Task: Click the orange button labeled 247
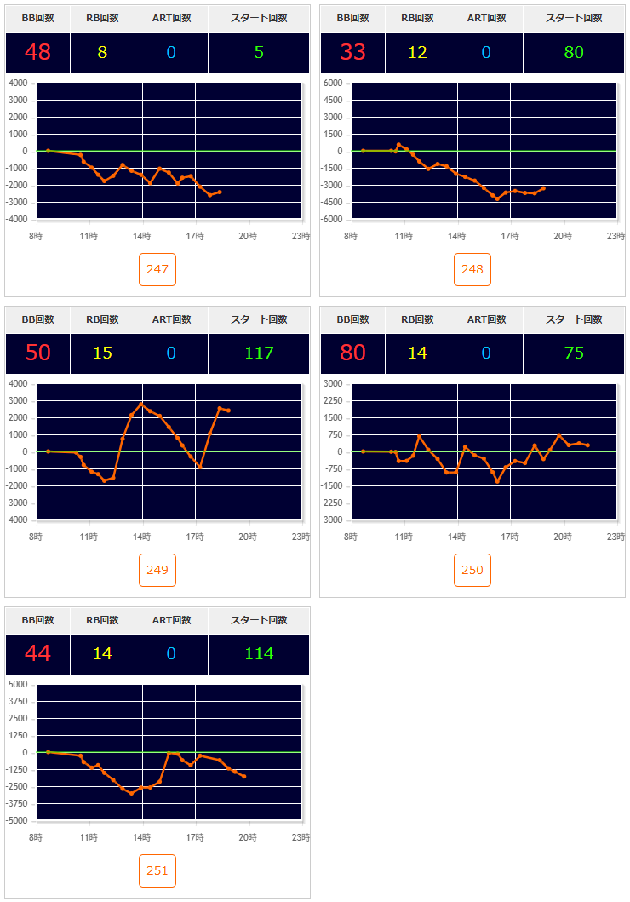tap(157, 269)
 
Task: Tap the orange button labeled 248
tap(472, 269)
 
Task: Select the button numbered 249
tap(157, 570)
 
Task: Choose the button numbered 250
tap(472, 570)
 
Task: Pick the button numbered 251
tap(157, 870)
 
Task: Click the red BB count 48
tap(37, 52)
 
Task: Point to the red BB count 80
tap(352, 353)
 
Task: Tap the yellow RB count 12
tap(417, 52)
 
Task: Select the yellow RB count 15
tap(102, 353)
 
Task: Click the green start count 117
tap(259, 353)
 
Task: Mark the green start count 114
tap(259, 653)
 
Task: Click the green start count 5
tap(259, 52)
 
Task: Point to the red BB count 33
tap(352, 52)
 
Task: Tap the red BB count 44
tap(37, 653)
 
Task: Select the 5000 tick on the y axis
tap(18, 684)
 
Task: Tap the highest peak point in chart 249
tap(141, 404)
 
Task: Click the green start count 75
tap(574, 353)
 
